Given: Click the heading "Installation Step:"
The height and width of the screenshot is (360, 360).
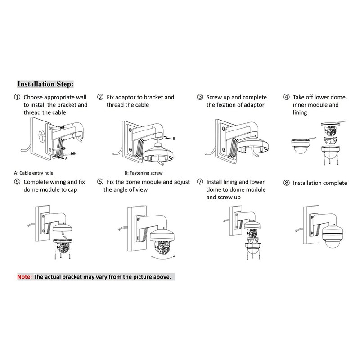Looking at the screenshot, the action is pyautogui.click(x=45, y=84).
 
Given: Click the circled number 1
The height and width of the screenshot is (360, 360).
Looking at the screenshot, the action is pyautogui.click(x=17, y=97).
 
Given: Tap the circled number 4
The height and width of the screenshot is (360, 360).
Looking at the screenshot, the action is pyautogui.click(x=286, y=97).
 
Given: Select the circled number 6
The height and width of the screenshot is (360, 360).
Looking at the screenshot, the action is pyautogui.click(x=100, y=182).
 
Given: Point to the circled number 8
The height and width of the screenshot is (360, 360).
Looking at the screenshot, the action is pyautogui.click(x=286, y=183).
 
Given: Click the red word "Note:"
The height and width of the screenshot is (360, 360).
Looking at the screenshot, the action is pyautogui.click(x=25, y=277).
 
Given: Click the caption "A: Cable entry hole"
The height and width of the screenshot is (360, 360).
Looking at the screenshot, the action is pyautogui.click(x=33, y=173).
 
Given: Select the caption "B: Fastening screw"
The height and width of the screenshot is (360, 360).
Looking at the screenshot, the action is pyautogui.click(x=144, y=173).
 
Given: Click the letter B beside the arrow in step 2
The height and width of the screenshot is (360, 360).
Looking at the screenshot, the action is pyautogui.click(x=174, y=139).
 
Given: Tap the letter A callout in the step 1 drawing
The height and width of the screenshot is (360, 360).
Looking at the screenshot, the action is pyautogui.click(x=66, y=158).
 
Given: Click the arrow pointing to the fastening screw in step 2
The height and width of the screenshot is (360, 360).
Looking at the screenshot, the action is pyautogui.click(x=169, y=139).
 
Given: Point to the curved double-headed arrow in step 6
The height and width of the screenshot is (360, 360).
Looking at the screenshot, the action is pyautogui.click(x=163, y=258).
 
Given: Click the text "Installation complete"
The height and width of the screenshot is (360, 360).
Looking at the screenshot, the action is pyautogui.click(x=320, y=183).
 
